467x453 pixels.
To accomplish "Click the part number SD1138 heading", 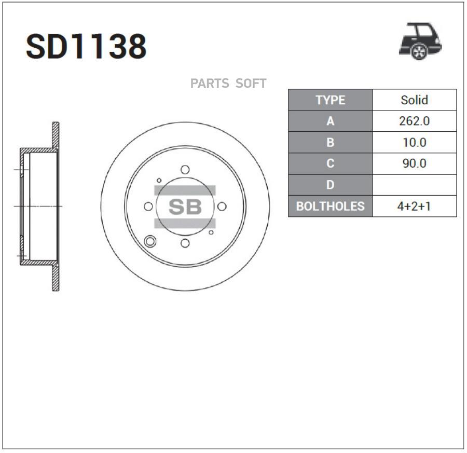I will click(x=86, y=47).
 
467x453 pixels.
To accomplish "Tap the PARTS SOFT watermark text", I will click(x=228, y=84).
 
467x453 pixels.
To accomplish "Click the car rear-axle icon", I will click(x=420, y=41).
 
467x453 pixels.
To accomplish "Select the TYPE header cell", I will click(x=330, y=100).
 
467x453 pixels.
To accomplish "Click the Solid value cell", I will click(x=414, y=100).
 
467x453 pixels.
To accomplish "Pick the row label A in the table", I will click(x=330, y=121).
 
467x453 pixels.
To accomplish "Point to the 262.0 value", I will click(x=414, y=121).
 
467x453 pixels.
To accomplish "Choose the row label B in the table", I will click(x=330, y=143).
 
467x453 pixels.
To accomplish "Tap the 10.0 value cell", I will click(x=414, y=143).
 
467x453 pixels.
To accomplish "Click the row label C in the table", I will click(x=330, y=163).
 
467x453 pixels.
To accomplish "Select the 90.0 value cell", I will click(x=414, y=163).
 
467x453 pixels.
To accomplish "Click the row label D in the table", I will click(x=330, y=185).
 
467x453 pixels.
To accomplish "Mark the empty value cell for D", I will click(x=414, y=185).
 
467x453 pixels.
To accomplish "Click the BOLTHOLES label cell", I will click(x=330, y=206).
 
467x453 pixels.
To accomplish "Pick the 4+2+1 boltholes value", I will click(x=414, y=206).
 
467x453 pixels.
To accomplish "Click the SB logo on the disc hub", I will click(x=185, y=207).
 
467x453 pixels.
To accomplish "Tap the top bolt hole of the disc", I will click(x=185, y=170).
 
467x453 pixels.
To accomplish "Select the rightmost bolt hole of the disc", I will click(x=222, y=207).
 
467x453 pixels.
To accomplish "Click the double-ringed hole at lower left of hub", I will click(x=151, y=241).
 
